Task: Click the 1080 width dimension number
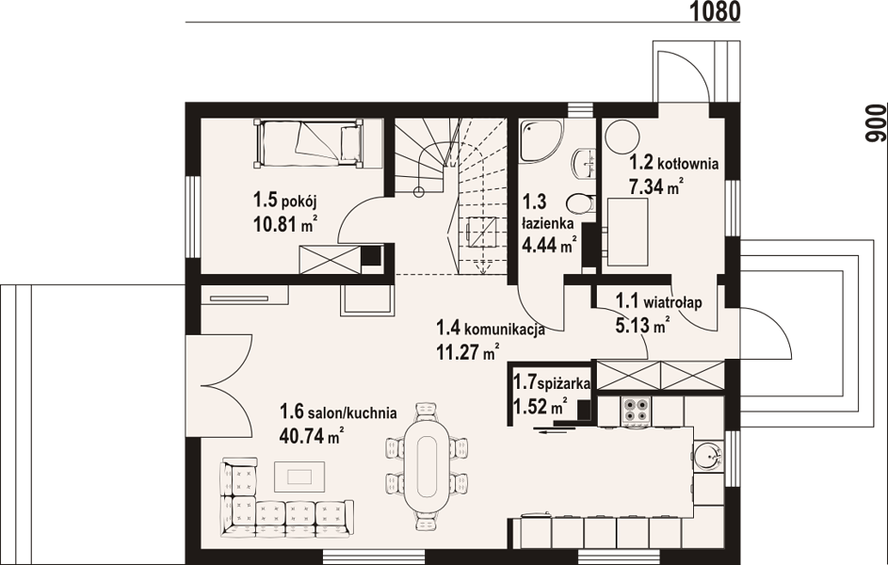715,10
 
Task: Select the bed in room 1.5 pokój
308,143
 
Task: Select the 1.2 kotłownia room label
674,164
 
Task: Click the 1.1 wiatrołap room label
658,301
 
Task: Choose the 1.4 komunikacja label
491,329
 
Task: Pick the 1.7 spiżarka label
552,382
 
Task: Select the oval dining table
427,466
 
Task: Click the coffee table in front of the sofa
299,476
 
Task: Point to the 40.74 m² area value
312,435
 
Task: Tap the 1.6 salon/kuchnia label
338,412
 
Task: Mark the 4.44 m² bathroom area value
549,246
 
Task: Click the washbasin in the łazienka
584,162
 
